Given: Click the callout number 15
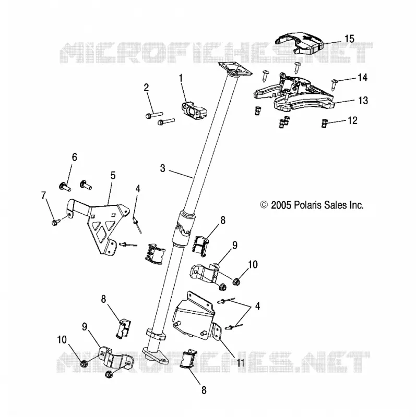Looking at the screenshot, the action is click(x=349, y=39).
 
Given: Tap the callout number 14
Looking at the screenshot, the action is click(x=362, y=78).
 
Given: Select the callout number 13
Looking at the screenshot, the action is click(x=363, y=101).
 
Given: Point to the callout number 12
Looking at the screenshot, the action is click(x=352, y=120).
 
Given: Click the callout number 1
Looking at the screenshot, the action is click(x=181, y=79).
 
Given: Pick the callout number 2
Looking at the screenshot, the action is click(x=146, y=88).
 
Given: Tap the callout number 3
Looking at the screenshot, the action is click(x=163, y=168).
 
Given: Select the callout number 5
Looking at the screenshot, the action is click(x=113, y=176).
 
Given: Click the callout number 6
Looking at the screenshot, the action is click(x=75, y=157).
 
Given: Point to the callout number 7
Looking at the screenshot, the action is click(x=44, y=195).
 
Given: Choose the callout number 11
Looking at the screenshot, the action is click(x=240, y=363).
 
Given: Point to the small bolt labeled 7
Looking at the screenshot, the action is click(x=55, y=223).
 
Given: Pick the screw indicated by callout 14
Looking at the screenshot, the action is click(x=334, y=83).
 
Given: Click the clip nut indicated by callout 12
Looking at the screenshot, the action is click(x=324, y=123).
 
